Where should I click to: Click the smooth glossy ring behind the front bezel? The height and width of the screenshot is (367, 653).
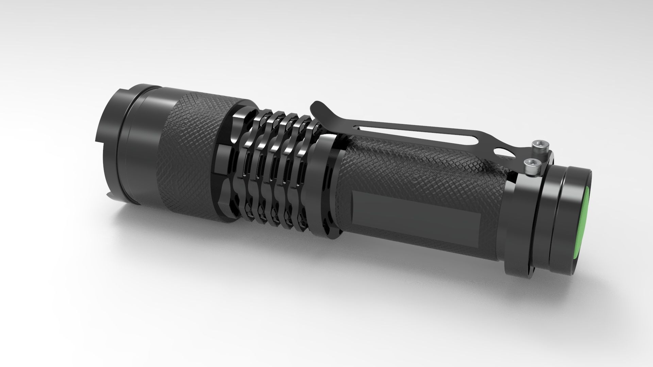pos(143,150)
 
